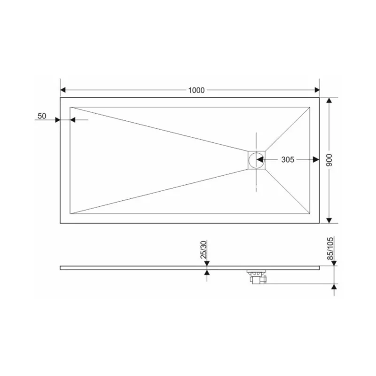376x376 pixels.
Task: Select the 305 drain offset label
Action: [288, 160]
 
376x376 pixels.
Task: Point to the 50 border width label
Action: [42, 116]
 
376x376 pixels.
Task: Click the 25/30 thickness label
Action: [204, 251]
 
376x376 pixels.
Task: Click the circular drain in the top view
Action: [257, 160]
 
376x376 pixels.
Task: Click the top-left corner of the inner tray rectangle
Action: [70, 107]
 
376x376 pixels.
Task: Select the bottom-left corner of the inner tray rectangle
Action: [70, 214]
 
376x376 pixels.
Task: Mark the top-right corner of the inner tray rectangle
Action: [311, 107]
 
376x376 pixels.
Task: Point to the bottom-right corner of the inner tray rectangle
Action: [311, 214]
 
